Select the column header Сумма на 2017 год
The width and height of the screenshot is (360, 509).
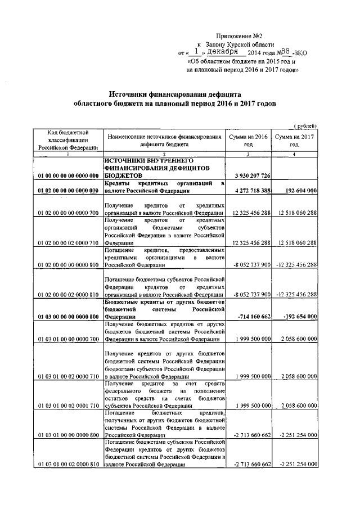[x=294, y=140]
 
